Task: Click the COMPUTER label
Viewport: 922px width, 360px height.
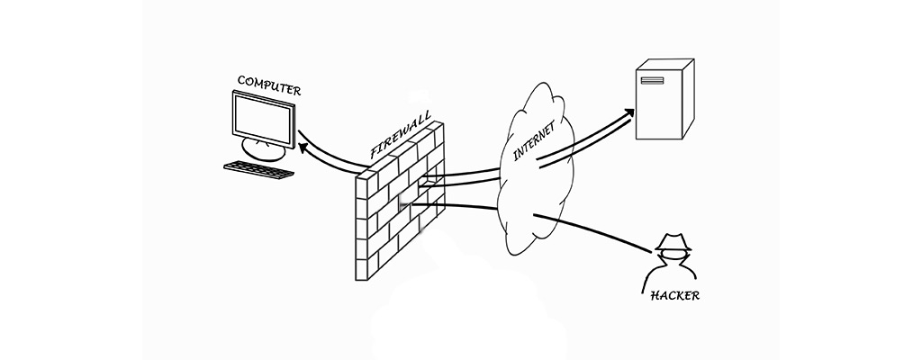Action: tap(268, 85)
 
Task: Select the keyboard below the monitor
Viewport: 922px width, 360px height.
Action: tap(258, 169)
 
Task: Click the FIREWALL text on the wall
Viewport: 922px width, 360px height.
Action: tap(402, 137)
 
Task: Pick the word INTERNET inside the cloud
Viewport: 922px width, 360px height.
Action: tap(533, 139)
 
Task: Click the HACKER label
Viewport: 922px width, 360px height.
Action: tap(675, 294)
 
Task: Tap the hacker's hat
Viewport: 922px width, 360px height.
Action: tap(672, 242)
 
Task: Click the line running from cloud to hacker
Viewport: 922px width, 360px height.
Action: tap(594, 229)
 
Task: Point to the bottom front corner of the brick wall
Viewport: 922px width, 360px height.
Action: tap(364, 280)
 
